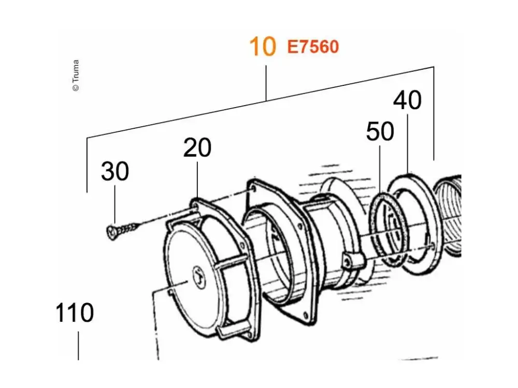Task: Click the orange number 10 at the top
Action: tap(263, 47)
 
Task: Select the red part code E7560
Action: tap(313, 47)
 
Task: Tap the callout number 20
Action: tap(197, 148)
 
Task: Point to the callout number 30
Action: tap(115, 171)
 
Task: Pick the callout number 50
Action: tap(380, 131)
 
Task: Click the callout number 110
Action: tap(75, 312)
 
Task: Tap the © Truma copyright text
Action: tap(76, 75)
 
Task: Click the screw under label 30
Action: tap(121, 230)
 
